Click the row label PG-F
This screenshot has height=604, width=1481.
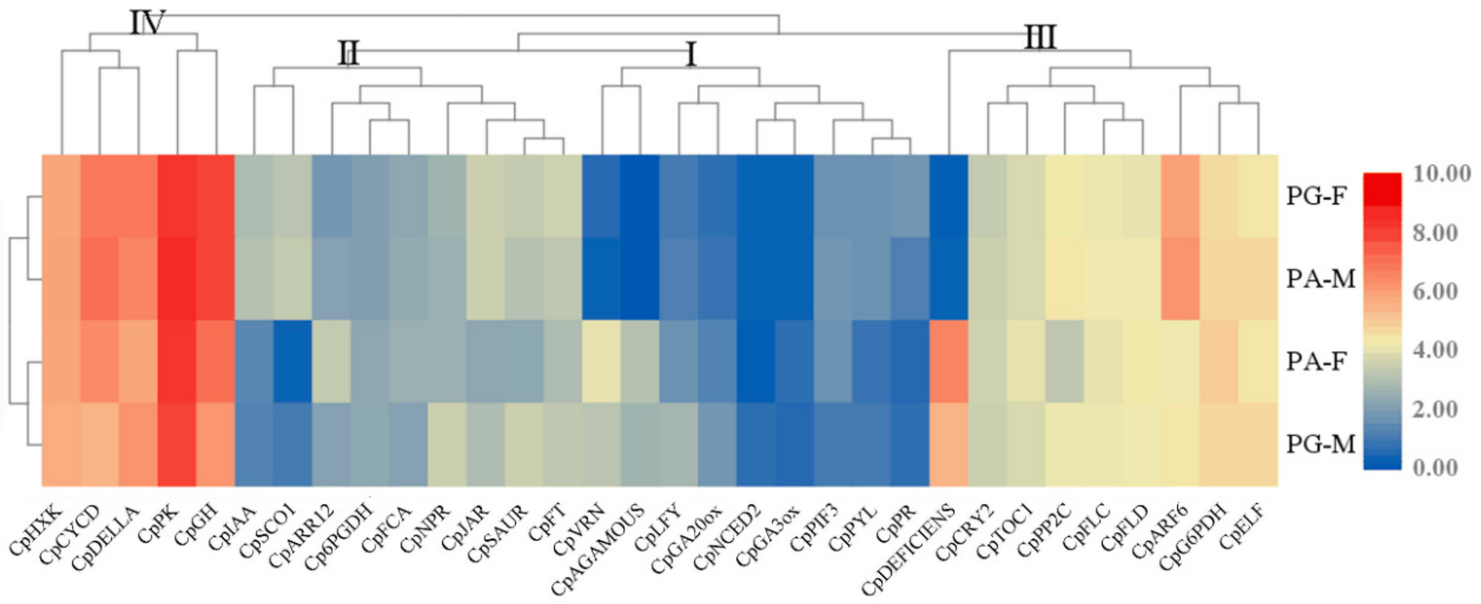point(1317,196)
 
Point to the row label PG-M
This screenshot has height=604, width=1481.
point(1321,444)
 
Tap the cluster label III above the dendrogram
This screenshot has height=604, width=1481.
point(1040,38)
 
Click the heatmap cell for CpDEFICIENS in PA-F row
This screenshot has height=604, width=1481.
point(949,362)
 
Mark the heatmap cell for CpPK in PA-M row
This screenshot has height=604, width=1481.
point(176,279)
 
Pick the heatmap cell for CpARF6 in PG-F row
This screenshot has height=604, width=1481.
point(1180,196)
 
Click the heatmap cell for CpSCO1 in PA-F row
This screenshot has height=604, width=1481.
point(292,362)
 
